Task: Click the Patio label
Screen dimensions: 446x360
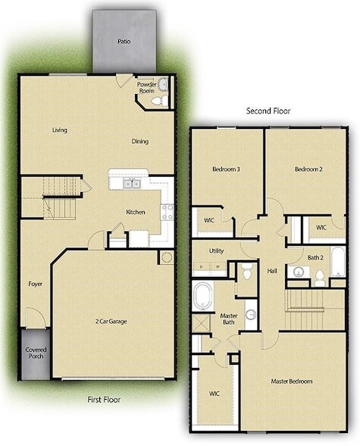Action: (x=123, y=42)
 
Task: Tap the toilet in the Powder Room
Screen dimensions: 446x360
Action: (x=155, y=100)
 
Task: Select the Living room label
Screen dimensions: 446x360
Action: (x=60, y=130)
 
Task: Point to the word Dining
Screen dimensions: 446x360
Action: (x=139, y=141)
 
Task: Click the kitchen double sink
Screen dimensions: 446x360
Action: (x=130, y=183)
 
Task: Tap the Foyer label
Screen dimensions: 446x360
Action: (x=36, y=284)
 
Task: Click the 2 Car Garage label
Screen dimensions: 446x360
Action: (x=111, y=322)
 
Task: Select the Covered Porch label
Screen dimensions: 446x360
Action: (x=36, y=354)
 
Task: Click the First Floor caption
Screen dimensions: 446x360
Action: (x=103, y=399)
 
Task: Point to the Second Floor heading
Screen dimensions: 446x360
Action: (x=268, y=111)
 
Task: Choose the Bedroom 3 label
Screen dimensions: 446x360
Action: (x=227, y=169)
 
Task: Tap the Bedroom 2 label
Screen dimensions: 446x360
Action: (x=308, y=169)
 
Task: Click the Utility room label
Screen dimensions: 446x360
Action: (x=217, y=250)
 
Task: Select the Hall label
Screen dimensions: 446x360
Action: (x=271, y=270)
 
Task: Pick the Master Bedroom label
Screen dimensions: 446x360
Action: (x=292, y=381)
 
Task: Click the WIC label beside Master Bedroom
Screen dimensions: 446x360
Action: (x=214, y=394)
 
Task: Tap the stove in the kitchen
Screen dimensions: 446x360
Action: (x=167, y=211)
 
